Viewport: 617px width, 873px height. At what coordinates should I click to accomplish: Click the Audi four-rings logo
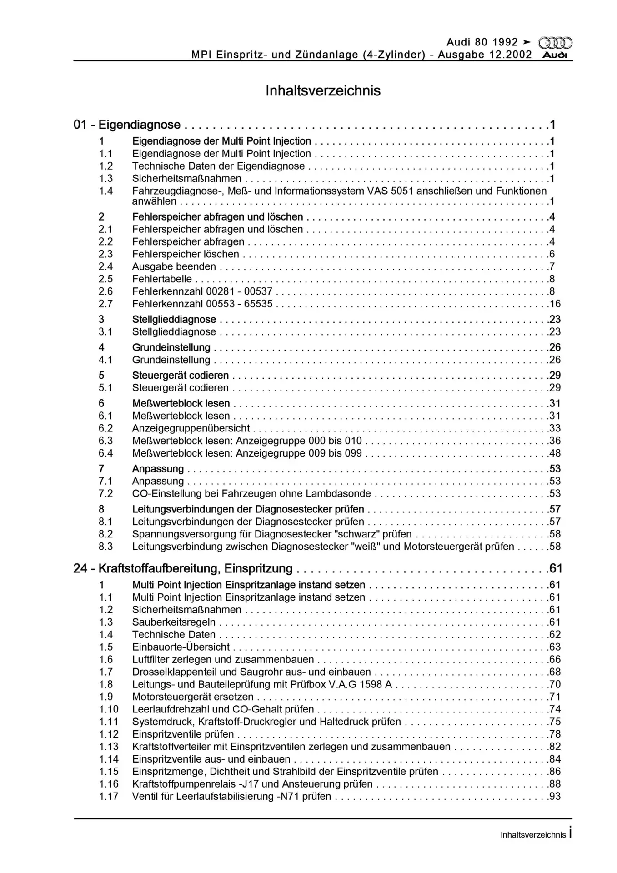click(555, 43)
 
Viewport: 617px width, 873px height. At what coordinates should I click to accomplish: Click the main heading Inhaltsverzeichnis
click(323, 90)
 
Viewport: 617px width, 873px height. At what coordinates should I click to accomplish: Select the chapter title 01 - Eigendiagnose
click(127, 125)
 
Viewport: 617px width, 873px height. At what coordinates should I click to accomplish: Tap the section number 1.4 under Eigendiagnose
click(106, 191)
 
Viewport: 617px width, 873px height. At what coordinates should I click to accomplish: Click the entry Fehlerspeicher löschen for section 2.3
click(186, 254)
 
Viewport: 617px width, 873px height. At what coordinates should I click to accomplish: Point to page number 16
click(555, 304)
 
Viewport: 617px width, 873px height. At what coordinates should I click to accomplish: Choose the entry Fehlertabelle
click(162, 279)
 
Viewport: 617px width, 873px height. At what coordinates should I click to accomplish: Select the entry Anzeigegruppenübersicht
click(191, 428)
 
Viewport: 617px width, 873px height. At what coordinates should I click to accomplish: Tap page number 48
click(555, 453)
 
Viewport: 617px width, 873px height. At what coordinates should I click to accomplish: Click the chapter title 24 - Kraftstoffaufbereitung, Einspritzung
click(183, 569)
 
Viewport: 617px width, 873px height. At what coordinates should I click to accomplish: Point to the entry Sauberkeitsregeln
click(174, 622)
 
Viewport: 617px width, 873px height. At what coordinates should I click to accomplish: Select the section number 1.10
click(109, 709)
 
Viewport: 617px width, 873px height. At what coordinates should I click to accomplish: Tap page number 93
click(555, 797)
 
